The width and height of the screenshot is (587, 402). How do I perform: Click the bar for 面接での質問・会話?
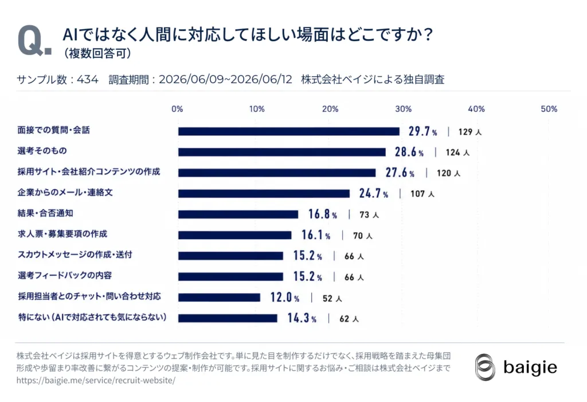289,131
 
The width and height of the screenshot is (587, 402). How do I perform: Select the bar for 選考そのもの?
282,152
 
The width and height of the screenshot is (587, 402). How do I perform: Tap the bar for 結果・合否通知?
238,214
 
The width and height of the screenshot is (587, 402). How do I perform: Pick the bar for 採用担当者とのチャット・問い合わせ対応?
219,298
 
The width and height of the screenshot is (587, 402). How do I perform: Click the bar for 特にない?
228,318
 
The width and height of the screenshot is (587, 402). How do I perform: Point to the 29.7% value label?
422,131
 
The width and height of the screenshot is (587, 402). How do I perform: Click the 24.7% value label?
373,193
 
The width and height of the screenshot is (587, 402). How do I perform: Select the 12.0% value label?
284,298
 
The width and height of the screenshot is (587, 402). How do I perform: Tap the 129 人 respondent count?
470,132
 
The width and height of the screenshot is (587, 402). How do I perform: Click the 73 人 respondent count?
369,215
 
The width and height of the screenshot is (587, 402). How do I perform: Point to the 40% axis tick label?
476,109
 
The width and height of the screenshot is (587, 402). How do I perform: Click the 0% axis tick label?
177,109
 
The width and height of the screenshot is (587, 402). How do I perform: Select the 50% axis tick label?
549,109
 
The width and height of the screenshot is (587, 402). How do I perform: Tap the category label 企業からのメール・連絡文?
65,193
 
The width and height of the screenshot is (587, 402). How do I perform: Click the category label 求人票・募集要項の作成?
62,234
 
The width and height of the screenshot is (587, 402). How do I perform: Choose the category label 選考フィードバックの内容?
65,276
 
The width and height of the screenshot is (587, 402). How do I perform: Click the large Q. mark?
34,41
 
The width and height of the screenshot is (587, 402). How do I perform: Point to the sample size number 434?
88,80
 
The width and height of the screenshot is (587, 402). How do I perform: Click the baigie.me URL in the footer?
96,380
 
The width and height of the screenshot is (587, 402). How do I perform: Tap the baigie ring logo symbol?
485,367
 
